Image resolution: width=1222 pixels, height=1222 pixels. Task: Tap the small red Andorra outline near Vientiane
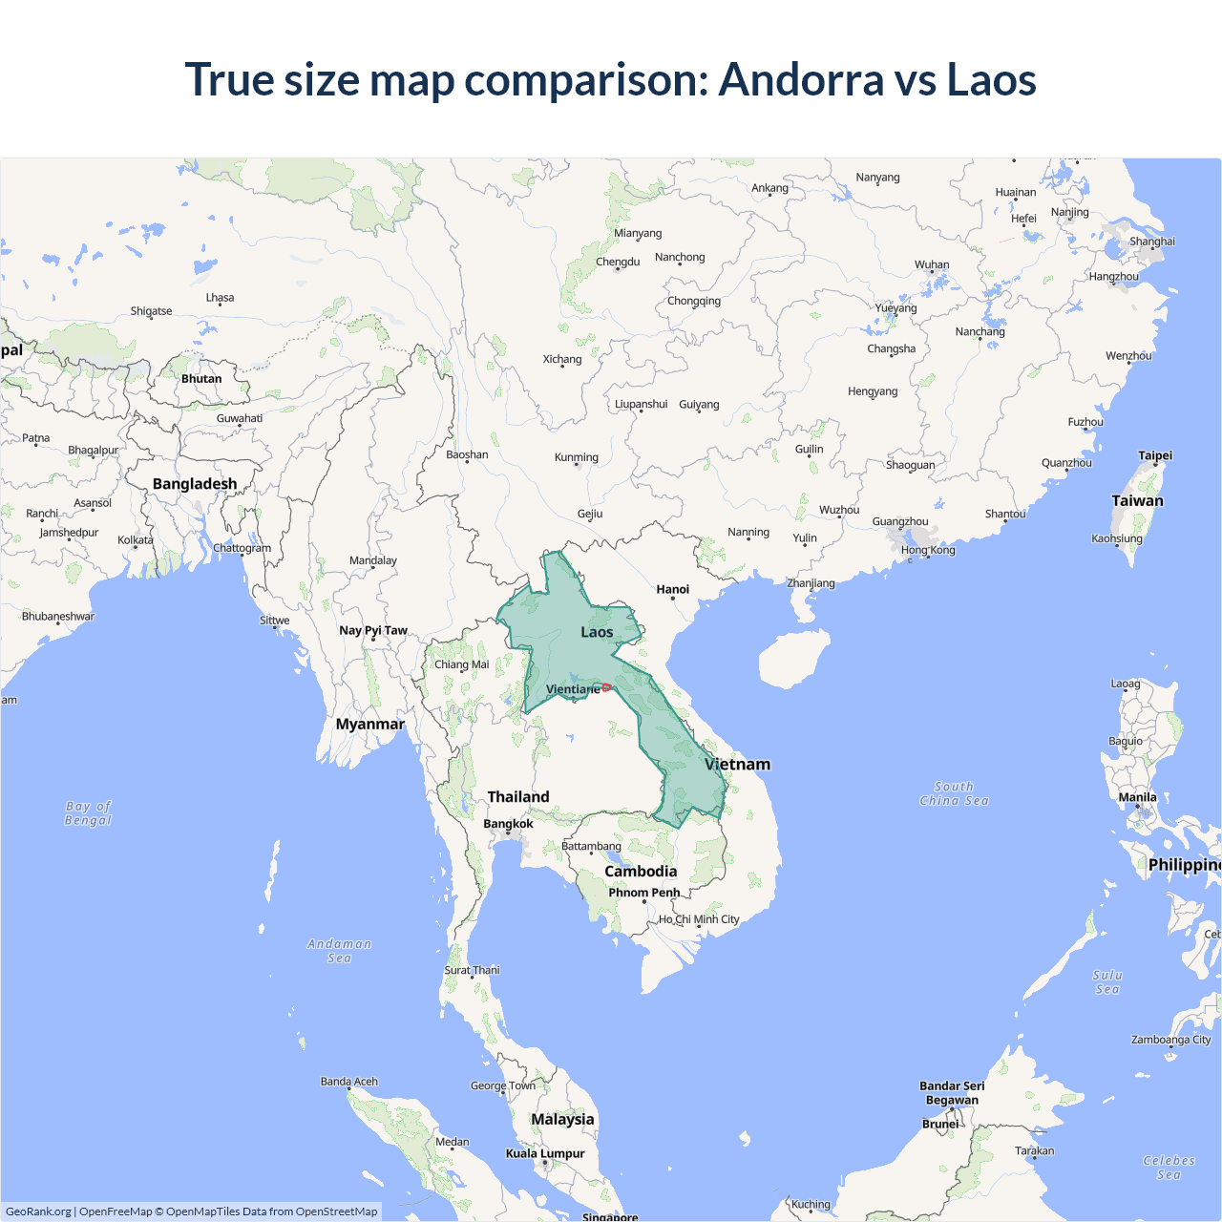coord(606,687)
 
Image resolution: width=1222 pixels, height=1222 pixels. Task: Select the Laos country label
coord(597,632)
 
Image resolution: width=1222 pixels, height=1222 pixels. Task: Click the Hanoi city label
coord(672,589)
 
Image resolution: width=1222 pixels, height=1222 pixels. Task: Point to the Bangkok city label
coord(508,824)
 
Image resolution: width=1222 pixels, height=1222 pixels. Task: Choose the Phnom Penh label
coord(644,893)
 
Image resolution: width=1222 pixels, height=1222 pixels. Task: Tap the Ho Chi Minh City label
coord(699,919)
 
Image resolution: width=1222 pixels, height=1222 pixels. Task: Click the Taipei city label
coord(1155,455)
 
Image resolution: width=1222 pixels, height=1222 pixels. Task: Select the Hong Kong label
coord(927,550)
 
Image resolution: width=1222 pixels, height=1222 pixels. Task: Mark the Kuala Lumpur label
coord(545,1153)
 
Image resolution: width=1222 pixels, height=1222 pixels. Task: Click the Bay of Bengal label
coord(88,813)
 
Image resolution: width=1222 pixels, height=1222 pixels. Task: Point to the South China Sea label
coord(954,794)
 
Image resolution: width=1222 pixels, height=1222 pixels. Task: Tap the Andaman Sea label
coord(339,951)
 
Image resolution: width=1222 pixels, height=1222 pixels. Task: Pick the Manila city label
coord(1137,797)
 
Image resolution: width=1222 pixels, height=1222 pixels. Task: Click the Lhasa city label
coord(220,298)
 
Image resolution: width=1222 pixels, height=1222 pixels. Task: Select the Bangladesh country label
coord(195,484)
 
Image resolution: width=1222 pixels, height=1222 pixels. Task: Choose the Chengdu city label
coord(618,262)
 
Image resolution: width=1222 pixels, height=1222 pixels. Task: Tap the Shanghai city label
coord(1152,242)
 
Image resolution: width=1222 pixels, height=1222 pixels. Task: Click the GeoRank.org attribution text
coord(38,1211)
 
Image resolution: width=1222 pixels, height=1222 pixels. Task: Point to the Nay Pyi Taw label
coord(373,630)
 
